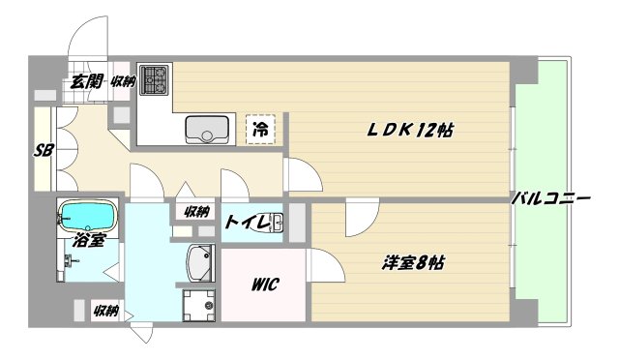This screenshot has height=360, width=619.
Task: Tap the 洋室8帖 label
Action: [x=413, y=263]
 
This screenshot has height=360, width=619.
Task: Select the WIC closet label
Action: [x=266, y=285]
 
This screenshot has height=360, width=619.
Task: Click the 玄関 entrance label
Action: [x=85, y=82]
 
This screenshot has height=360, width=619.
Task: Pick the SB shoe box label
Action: [x=43, y=150]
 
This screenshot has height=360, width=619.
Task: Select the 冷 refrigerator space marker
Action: [x=260, y=128]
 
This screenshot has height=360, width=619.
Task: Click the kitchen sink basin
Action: [x=207, y=129]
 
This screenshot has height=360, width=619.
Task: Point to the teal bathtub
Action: [x=89, y=212]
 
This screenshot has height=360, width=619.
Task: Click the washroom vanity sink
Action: [x=200, y=261]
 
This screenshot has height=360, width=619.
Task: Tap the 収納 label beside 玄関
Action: [x=122, y=82]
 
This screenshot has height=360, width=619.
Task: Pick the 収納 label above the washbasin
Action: [x=196, y=211]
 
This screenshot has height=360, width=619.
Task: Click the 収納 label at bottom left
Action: [x=105, y=311]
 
